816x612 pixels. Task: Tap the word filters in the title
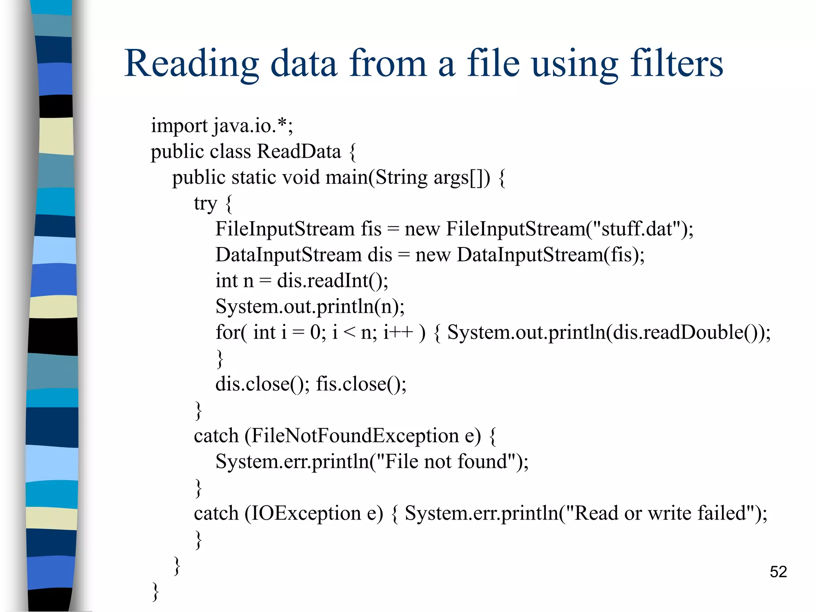(676, 64)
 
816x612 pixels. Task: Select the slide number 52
(778, 572)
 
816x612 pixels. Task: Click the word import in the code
(179, 126)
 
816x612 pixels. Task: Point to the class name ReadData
(299, 151)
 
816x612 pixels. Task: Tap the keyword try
(205, 204)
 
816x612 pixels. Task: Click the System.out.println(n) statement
(310, 307)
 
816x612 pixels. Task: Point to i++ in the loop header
(398, 332)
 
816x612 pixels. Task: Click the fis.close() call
(361, 384)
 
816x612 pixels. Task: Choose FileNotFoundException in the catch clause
(355, 435)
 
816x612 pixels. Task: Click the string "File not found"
(447, 461)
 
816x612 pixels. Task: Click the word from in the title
(388, 64)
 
